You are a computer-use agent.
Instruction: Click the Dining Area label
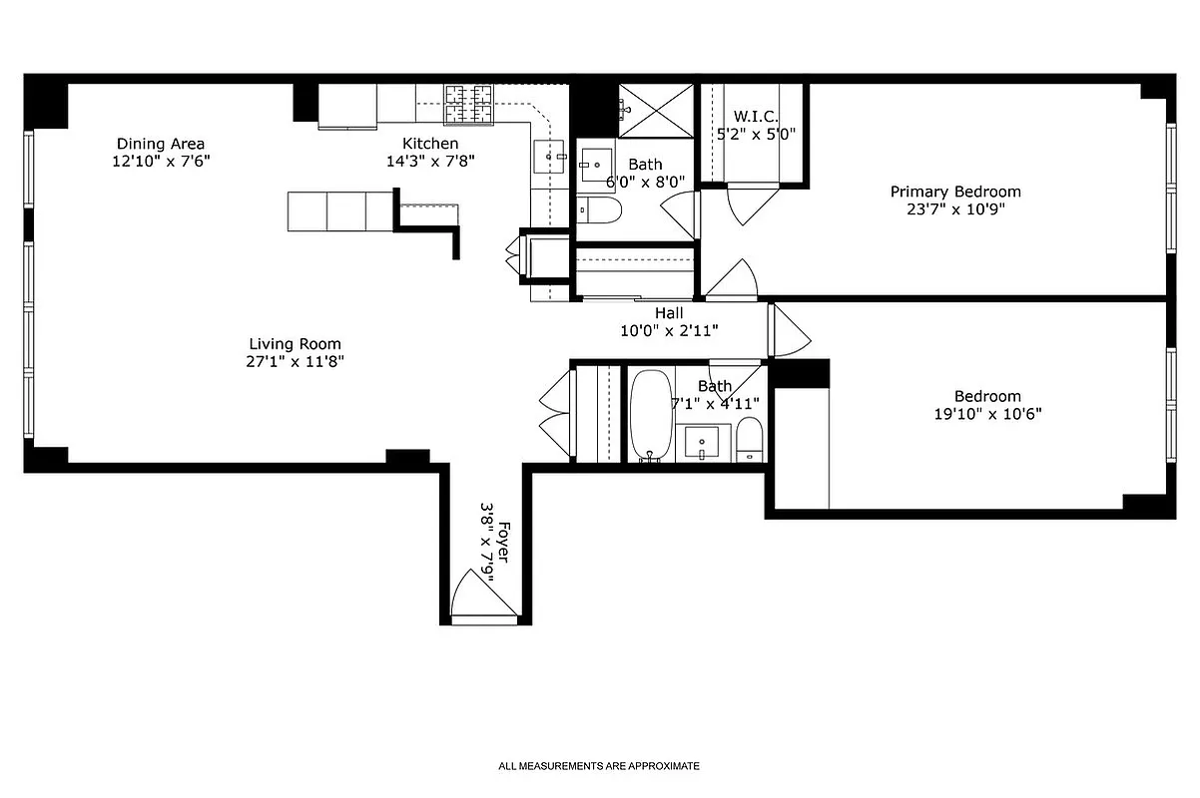click(161, 144)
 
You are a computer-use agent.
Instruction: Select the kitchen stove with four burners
click(469, 105)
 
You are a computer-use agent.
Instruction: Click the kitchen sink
click(548, 156)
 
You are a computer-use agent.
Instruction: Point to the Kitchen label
click(430, 144)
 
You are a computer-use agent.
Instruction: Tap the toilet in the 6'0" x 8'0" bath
click(600, 209)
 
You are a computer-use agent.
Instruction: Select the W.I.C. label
click(755, 117)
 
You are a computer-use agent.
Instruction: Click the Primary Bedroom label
click(955, 192)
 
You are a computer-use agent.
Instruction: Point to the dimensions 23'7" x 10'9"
click(955, 209)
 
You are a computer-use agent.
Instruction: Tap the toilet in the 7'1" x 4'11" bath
click(750, 439)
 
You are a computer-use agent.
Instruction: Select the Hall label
click(669, 312)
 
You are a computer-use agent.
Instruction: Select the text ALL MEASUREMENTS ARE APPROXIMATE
click(599, 766)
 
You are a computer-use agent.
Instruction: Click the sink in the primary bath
click(597, 162)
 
